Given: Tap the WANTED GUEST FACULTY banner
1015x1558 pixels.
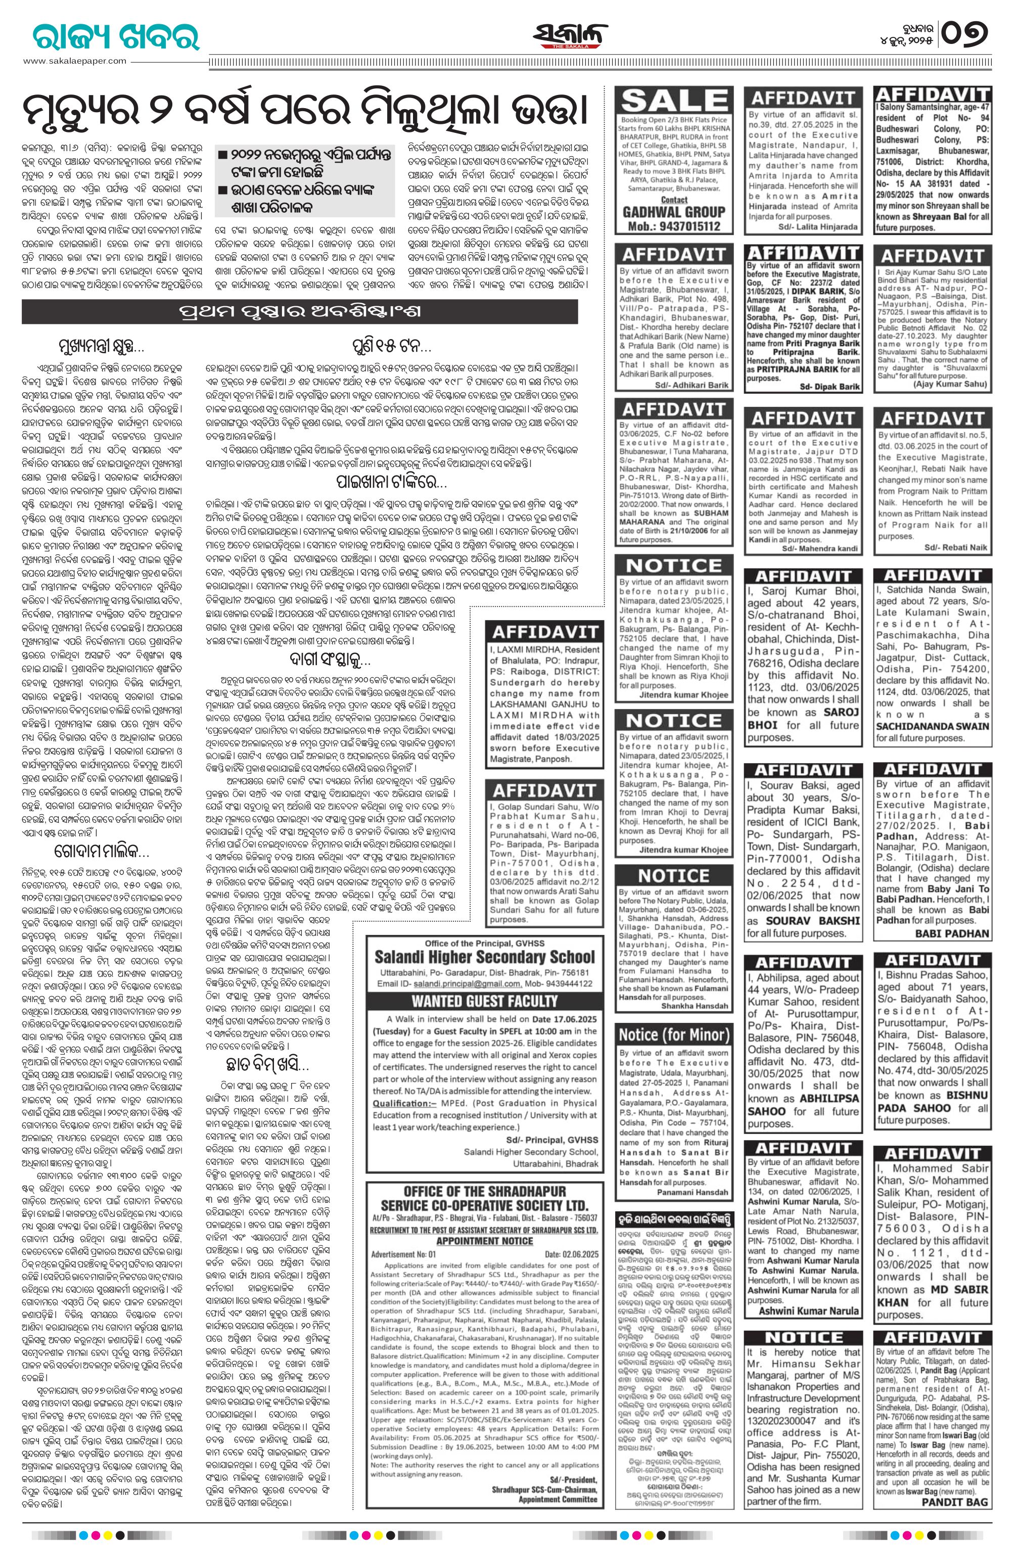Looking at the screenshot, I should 485,1000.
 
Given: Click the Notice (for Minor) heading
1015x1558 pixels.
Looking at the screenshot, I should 674,1035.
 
